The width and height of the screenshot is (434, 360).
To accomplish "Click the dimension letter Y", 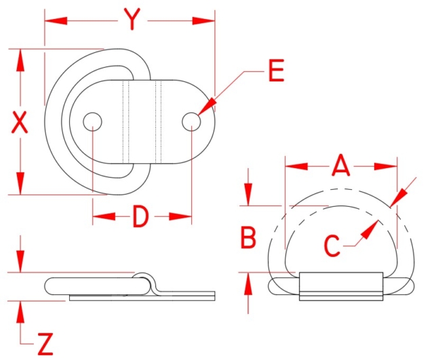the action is tap(132, 19).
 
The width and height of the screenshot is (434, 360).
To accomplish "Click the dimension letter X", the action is tap(19, 122).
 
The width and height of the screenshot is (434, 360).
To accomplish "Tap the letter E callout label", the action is tap(276, 71).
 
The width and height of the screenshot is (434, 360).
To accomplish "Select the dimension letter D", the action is tap(140, 217).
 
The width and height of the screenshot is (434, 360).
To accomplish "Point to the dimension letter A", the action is tap(340, 165).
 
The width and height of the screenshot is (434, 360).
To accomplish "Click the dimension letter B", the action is tap(248, 237).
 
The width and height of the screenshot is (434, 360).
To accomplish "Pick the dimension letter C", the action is tap(332, 245).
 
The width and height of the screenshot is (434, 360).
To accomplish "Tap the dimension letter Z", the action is tap(45, 344).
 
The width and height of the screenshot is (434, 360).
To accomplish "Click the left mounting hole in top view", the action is tap(93, 122).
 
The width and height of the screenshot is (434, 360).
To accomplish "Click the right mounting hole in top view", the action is tap(191, 122).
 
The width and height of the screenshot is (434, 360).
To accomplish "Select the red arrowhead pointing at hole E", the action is tap(207, 106).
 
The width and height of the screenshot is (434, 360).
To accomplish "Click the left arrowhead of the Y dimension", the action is tap(56, 21).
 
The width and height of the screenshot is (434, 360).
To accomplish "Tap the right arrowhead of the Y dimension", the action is tap(203, 21).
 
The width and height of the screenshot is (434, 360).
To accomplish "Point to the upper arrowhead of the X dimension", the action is tap(20, 61).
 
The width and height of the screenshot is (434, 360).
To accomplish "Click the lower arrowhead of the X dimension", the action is tap(20, 183).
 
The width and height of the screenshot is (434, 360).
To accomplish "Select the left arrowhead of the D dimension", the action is tap(104, 216).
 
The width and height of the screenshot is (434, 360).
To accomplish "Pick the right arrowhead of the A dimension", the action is tap(386, 167).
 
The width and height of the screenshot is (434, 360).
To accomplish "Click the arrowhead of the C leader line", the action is tap(370, 230).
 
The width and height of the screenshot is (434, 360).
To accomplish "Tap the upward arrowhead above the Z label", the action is tap(20, 312).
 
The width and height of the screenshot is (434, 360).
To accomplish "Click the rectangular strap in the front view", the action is tap(341, 286).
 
